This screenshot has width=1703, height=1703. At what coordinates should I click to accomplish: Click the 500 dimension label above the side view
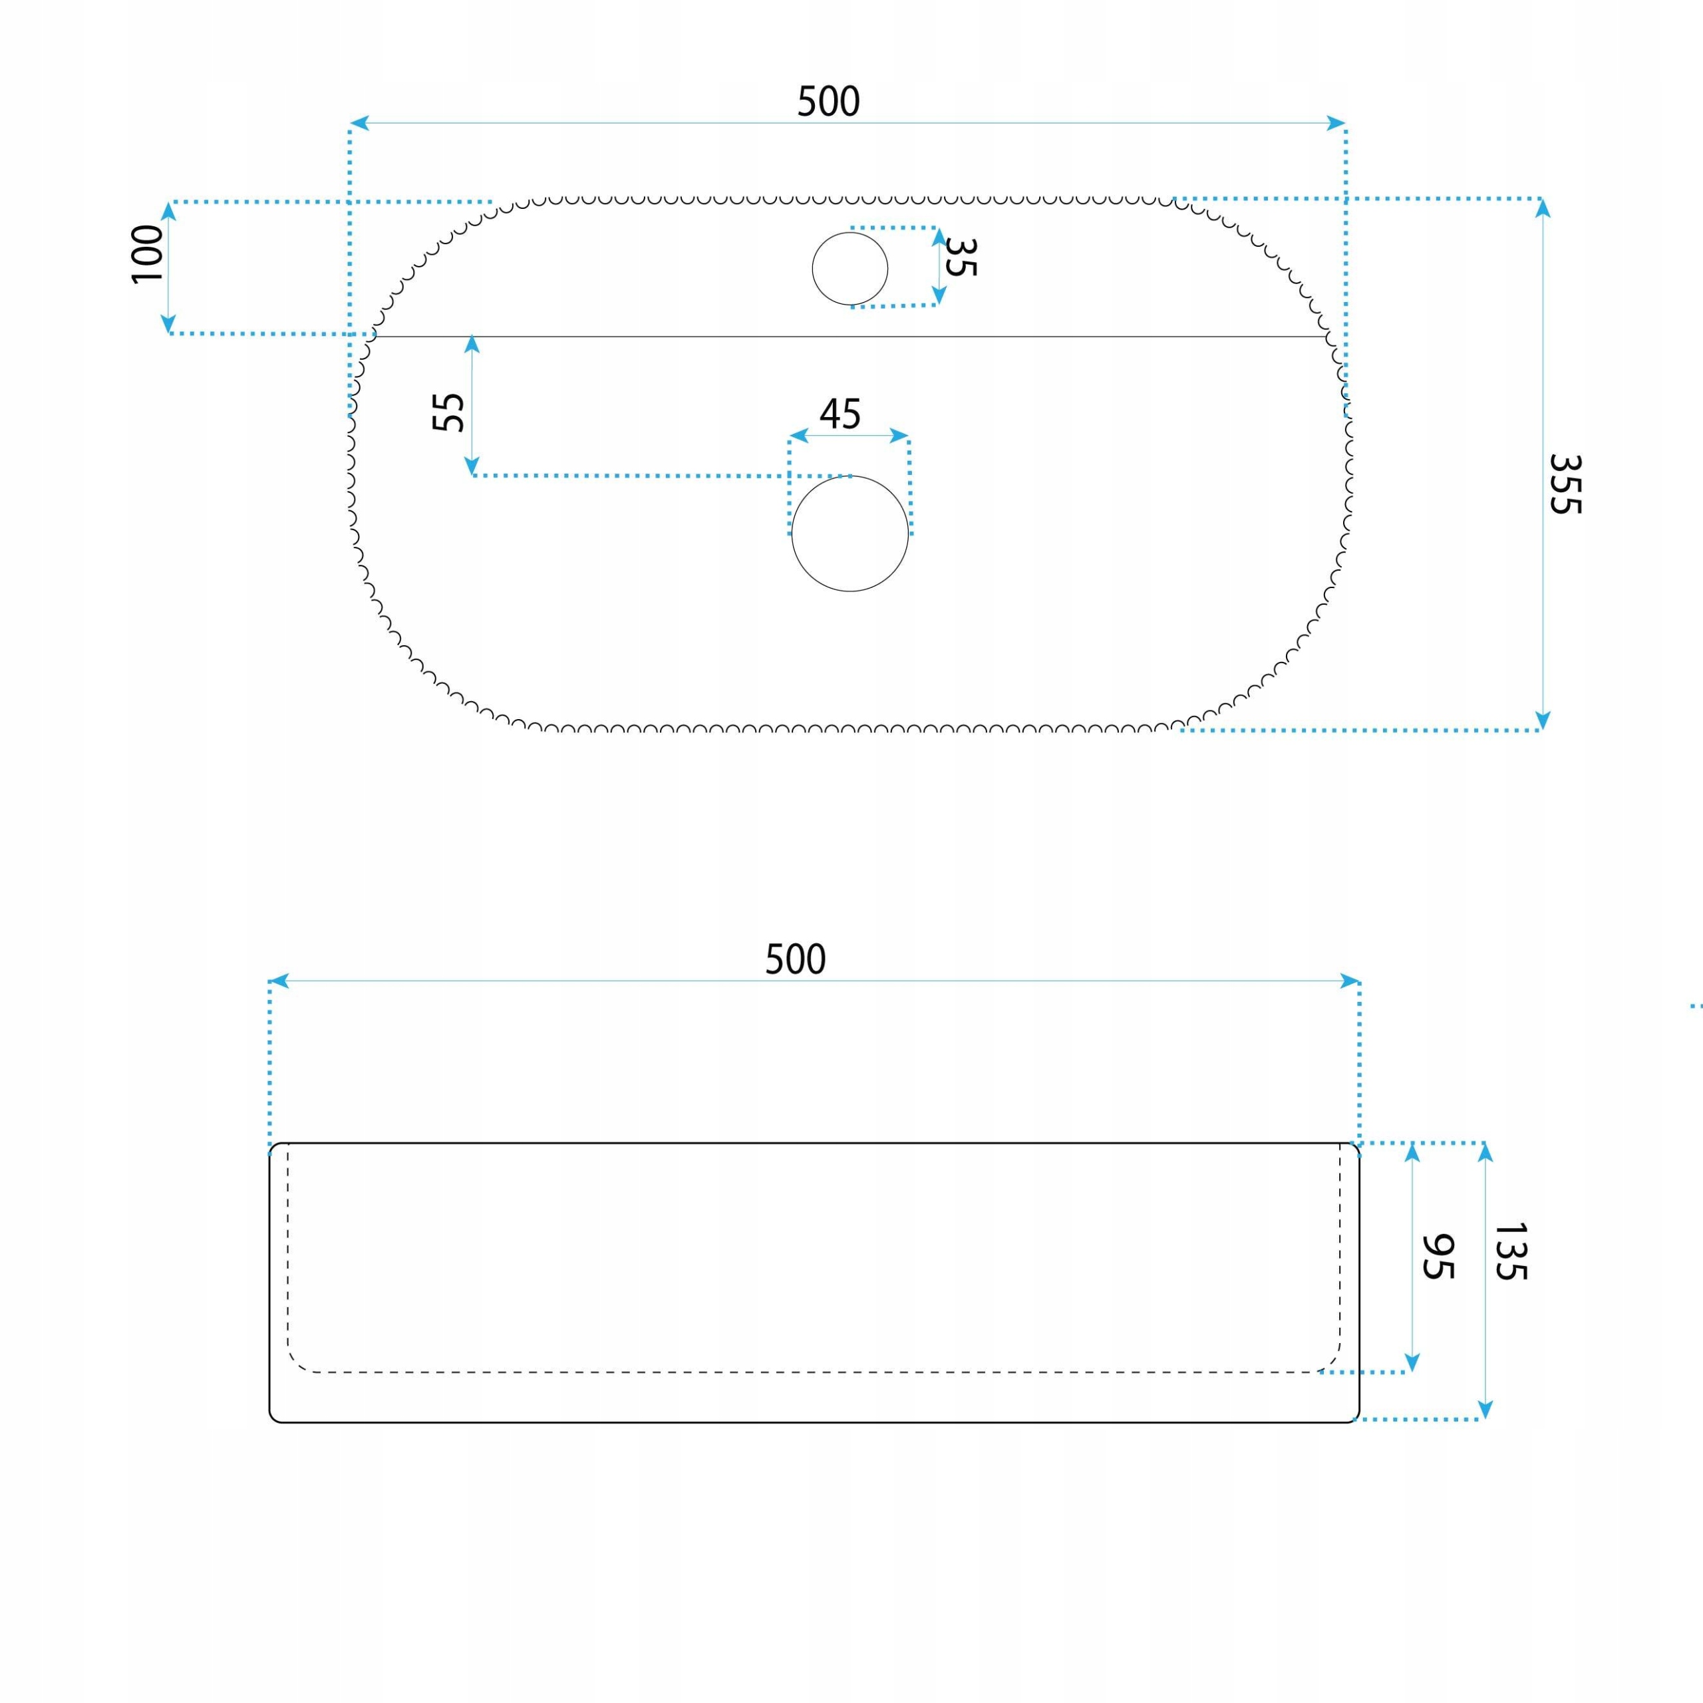click(x=795, y=959)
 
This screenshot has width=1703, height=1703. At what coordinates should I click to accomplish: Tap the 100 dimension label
click(x=147, y=254)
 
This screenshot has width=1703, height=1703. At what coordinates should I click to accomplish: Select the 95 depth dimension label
click(x=1438, y=1255)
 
